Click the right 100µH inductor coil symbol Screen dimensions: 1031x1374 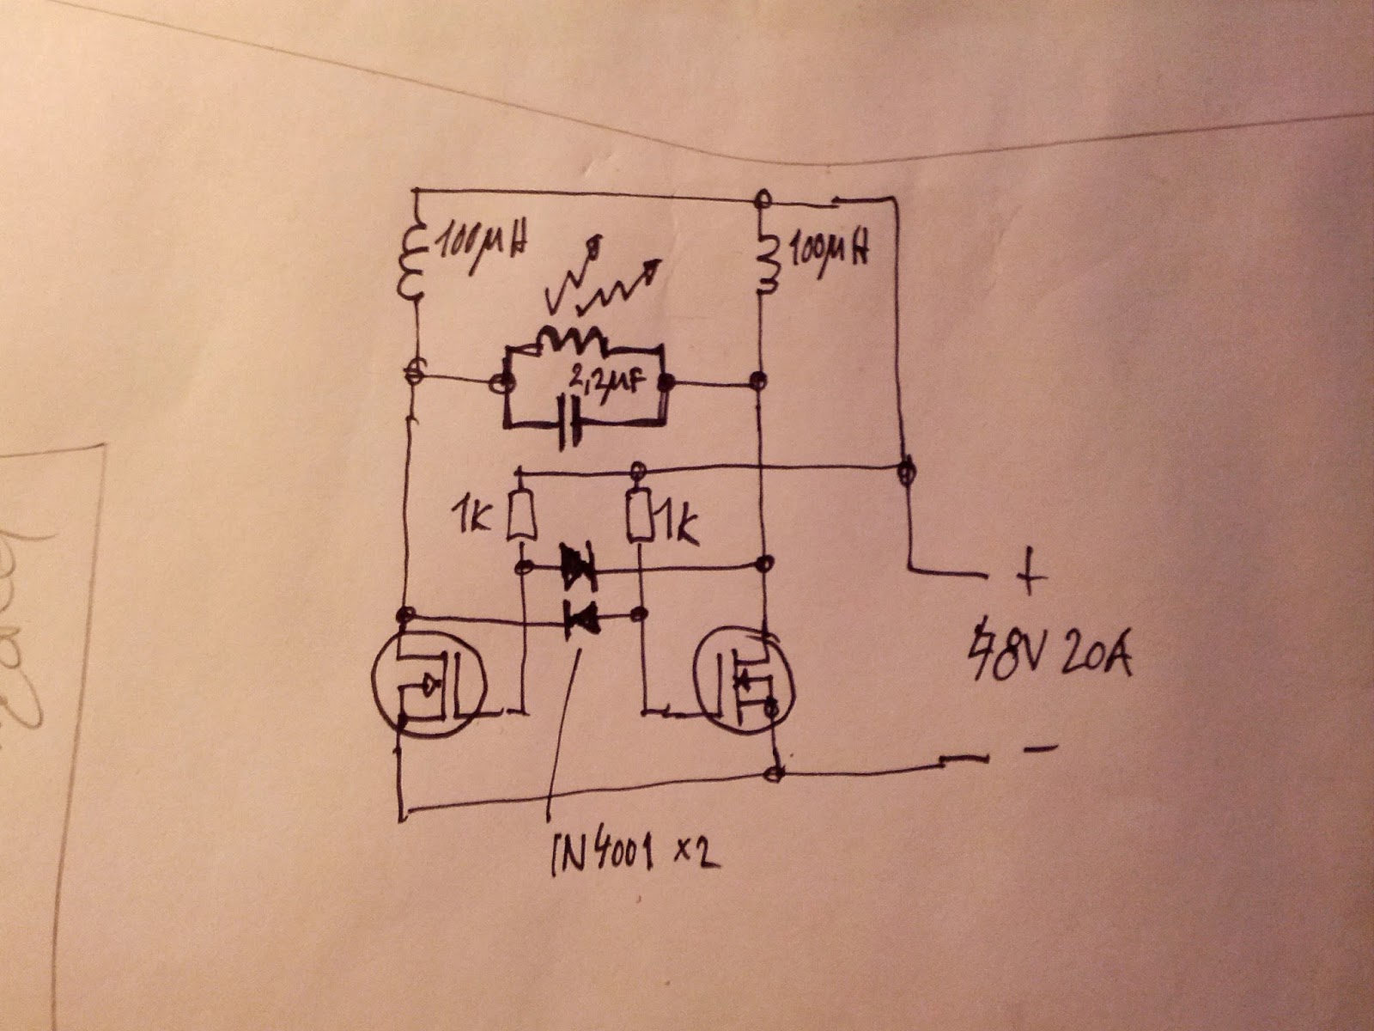pyautogui.click(x=767, y=261)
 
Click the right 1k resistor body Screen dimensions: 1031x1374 pyautogui.click(x=637, y=515)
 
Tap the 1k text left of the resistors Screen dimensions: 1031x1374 pyautogui.click(x=471, y=517)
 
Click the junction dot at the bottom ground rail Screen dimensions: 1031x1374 pyautogui.click(x=775, y=774)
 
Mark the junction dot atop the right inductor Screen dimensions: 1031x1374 pyautogui.click(x=760, y=200)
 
